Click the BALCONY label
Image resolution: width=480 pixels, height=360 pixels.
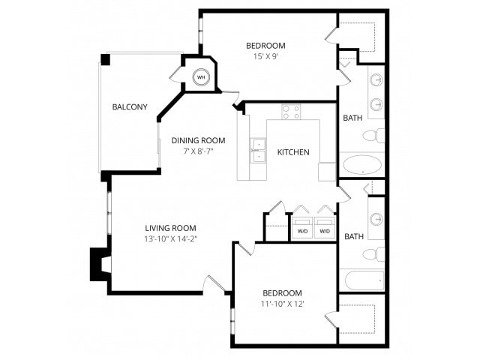click(x=130, y=106)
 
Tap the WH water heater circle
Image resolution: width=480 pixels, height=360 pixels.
click(x=201, y=76)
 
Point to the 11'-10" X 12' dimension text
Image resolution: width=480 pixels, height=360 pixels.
click(x=282, y=304)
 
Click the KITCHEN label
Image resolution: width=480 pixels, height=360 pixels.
click(x=293, y=152)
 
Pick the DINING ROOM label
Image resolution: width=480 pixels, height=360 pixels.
click(x=198, y=140)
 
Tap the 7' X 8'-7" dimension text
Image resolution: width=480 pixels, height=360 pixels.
click(x=198, y=151)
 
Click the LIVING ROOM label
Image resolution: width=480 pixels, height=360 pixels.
click(x=170, y=228)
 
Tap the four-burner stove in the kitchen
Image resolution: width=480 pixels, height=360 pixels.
click(x=291, y=112)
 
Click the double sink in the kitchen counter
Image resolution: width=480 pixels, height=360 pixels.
click(x=258, y=149)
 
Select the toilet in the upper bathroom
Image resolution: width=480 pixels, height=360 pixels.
click(x=373, y=136)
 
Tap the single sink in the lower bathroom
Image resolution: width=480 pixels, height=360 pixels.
click(x=376, y=219)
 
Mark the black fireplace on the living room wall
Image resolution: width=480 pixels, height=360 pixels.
click(x=99, y=264)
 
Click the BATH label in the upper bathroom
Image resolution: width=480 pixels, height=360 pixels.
click(x=352, y=118)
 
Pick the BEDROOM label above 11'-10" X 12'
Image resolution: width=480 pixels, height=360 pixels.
click(x=282, y=292)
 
